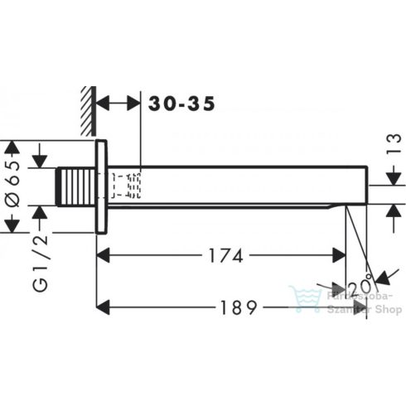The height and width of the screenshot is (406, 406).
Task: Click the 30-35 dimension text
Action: [x=181, y=104]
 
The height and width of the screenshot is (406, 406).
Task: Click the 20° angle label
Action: [x=360, y=287]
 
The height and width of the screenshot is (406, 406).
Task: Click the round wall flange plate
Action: [x=102, y=186]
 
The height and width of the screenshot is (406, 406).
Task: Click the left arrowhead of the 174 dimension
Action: [x=103, y=256]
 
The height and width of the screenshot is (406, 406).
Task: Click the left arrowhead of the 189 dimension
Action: [x=103, y=307]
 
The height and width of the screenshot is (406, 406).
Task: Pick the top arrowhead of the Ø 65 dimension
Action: [x=11, y=147]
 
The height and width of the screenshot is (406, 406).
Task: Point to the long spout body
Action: [x=240, y=186]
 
